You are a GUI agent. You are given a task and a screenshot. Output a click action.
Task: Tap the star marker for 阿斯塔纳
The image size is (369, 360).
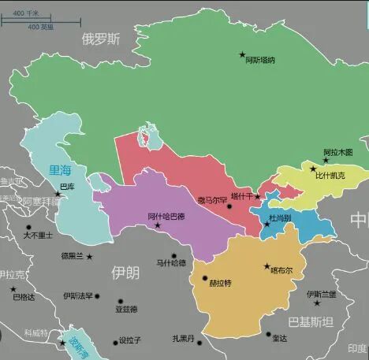point(243,54)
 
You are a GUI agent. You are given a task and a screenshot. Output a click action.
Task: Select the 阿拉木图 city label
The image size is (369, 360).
point(338,152)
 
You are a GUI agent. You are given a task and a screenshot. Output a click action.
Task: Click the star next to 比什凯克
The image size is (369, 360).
point(313,169)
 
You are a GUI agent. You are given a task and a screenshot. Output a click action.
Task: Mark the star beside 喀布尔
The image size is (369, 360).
point(266,266)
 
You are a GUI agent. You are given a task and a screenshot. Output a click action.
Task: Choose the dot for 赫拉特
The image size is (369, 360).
point(205,278)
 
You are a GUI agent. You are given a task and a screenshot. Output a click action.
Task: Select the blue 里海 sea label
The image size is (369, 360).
point(60,169)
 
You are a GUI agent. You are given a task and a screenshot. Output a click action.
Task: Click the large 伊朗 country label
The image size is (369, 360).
point(125,273)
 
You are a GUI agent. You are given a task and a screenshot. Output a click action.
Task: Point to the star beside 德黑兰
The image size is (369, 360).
point(89,256)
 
